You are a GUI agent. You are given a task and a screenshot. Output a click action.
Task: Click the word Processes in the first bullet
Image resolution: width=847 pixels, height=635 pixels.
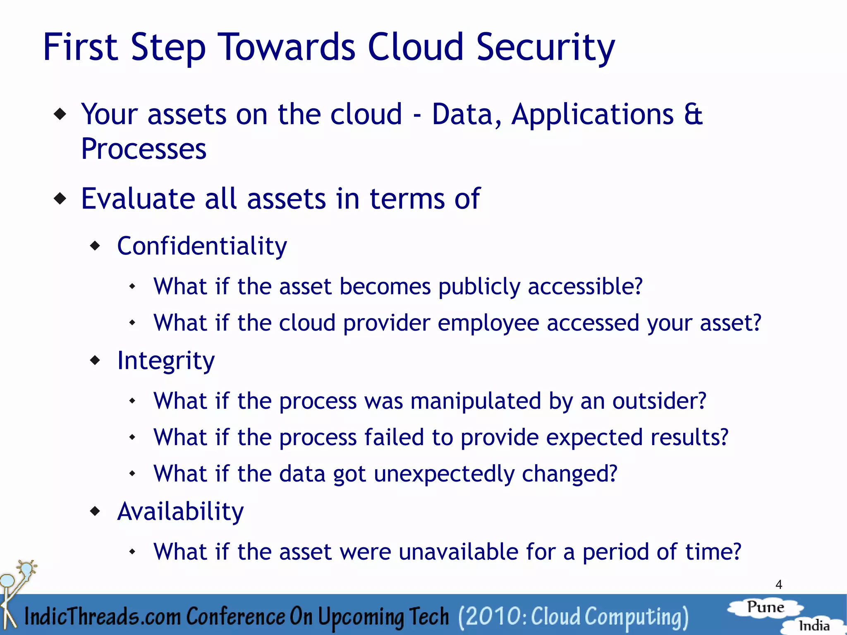click(x=144, y=149)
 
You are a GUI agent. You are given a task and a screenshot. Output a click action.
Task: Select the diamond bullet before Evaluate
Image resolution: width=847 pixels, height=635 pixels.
click(x=60, y=199)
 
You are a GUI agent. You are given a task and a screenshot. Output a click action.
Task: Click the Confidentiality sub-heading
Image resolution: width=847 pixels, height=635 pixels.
click(x=202, y=246)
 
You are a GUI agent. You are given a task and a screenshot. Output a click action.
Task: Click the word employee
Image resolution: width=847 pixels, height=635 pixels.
click(x=488, y=323)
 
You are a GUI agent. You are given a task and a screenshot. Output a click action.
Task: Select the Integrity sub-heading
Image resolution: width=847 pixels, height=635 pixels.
click(x=166, y=361)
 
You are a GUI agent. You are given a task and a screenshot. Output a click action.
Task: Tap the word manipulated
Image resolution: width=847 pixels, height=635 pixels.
click(x=476, y=401)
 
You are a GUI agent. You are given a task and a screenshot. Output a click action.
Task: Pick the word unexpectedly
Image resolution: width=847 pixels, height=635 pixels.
click(x=444, y=474)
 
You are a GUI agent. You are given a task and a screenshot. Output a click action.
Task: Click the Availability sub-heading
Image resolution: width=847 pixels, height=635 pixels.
click(x=180, y=512)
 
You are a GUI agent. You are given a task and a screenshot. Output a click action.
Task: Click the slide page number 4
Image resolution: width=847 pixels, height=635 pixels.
click(x=779, y=585)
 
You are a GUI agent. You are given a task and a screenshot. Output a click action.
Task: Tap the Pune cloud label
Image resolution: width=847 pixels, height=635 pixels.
click(x=766, y=607)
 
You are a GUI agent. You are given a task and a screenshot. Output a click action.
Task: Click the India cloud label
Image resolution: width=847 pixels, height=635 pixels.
click(x=814, y=625)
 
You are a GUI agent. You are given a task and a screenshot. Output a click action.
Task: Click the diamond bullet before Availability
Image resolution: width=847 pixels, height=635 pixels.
click(x=96, y=512)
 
